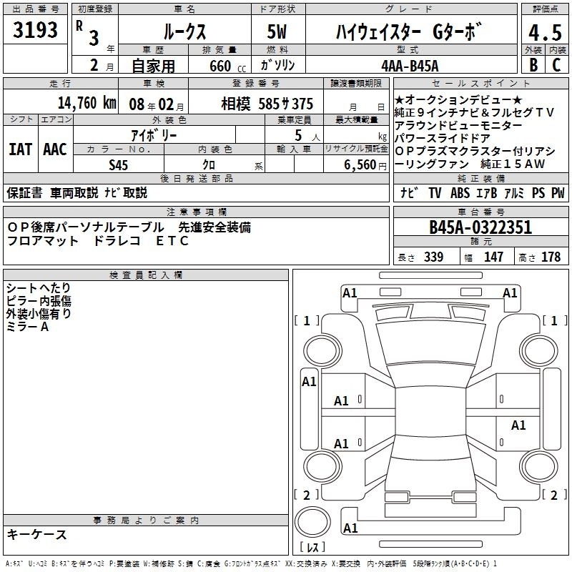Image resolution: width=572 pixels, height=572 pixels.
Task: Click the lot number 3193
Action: (35, 30)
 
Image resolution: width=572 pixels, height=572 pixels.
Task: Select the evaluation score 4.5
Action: (545, 32)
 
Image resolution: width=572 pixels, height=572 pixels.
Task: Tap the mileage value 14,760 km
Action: (87, 103)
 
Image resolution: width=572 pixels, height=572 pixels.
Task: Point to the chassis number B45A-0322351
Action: (480, 227)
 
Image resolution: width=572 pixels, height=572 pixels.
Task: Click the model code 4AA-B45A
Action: (410, 66)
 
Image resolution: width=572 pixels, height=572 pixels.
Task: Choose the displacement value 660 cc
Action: (227, 66)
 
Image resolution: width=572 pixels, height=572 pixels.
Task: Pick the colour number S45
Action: (118, 165)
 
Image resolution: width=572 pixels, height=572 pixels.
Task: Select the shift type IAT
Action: (21, 149)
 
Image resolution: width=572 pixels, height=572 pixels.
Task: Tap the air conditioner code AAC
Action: (55, 149)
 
